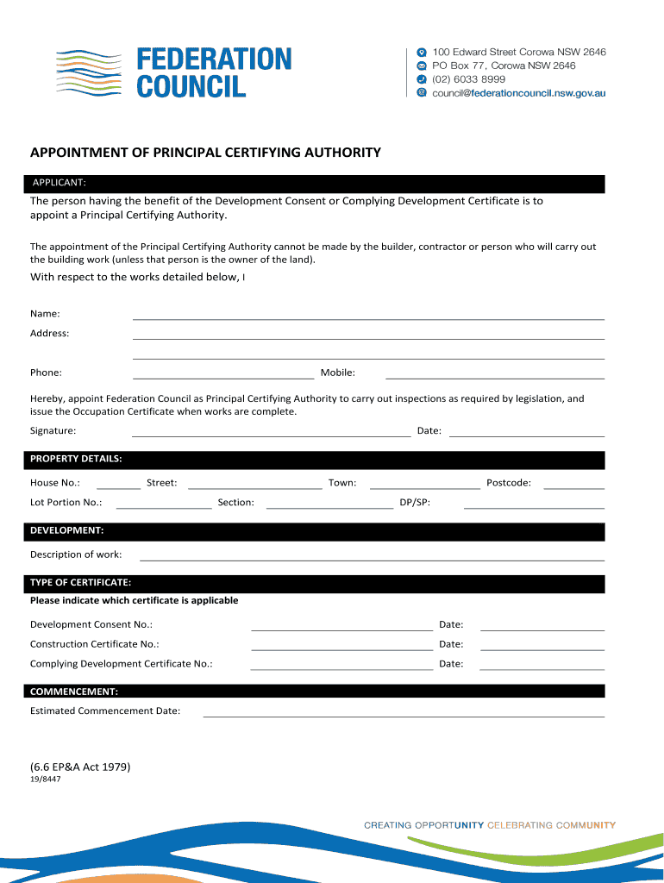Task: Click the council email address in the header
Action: pos(518,92)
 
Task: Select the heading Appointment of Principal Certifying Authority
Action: pos(205,153)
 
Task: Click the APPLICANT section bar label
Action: pos(59,183)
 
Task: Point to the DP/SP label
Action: pos(415,502)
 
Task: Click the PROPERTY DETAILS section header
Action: pos(76,458)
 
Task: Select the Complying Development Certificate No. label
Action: pos(121,664)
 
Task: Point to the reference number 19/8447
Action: pos(46,779)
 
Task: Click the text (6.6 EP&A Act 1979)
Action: pos(80,766)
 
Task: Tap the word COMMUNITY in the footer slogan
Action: pos(586,825)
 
